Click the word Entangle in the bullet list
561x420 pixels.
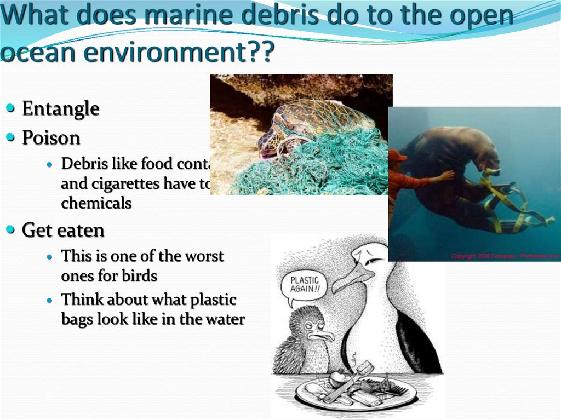click(x=60, y=109)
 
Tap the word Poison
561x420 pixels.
click(x=51, y=137)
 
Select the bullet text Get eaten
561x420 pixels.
click(x=63, y=231)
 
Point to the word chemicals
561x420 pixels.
click(x=96, y=203)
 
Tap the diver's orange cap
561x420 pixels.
click(x=397, y=156)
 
